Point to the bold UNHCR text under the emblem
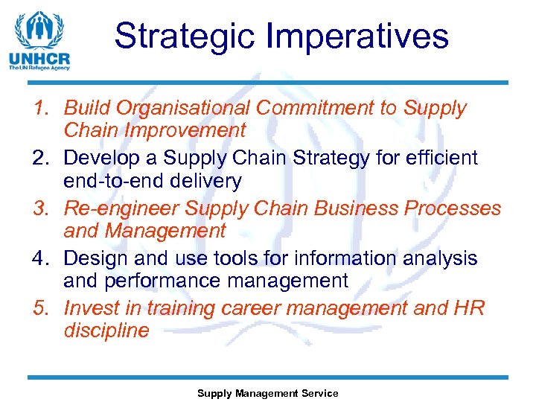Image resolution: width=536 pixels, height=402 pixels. click(39, 58)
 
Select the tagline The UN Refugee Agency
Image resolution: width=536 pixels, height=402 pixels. click(39, 68)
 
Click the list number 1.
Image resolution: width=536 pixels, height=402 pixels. click(42, 108)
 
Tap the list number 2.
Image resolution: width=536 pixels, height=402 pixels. click(42, 158)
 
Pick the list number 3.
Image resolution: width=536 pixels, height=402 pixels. click(42, 208)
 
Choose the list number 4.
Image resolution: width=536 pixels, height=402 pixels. click(42, 258)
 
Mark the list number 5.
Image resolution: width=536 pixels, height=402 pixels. click(42, 308)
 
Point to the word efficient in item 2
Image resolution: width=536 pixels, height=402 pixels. click(435, 158)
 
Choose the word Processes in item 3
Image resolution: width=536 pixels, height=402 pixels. click(454, 208)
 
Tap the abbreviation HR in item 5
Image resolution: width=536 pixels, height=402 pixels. click(469, 308)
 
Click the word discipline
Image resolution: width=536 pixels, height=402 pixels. click(106, 331)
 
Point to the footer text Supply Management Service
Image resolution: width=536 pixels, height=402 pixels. click(267, 393)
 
